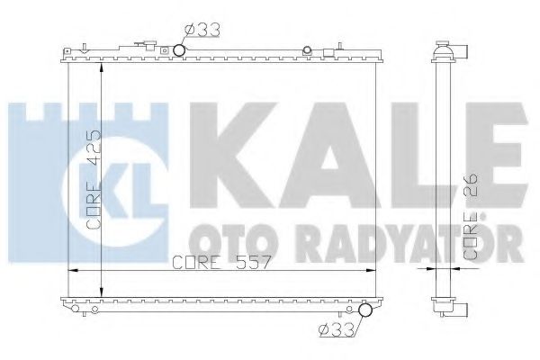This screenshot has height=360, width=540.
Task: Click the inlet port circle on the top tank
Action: point(179,49)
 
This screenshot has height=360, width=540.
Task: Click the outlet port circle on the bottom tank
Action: point(364,312)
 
